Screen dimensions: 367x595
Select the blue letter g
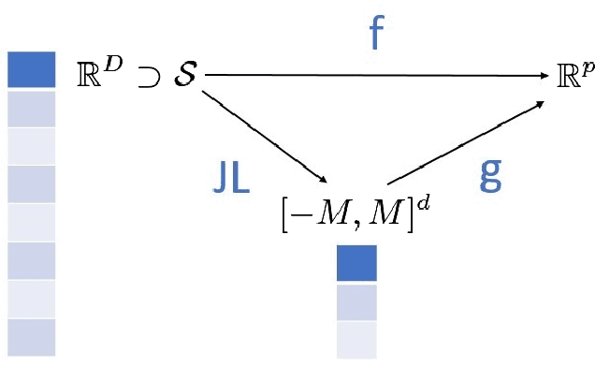click(x=491, y=174)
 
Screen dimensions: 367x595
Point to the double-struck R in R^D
click(x=93, y=74)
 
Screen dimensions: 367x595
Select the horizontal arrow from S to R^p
click(x=374, y=75)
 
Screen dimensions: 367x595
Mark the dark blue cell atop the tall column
click(x=31, y=69)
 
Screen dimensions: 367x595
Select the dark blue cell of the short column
click(x=356, y=263)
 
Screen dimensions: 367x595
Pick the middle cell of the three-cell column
click(x=356, y=302)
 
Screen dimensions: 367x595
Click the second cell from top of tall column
click(x=31, y=108)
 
